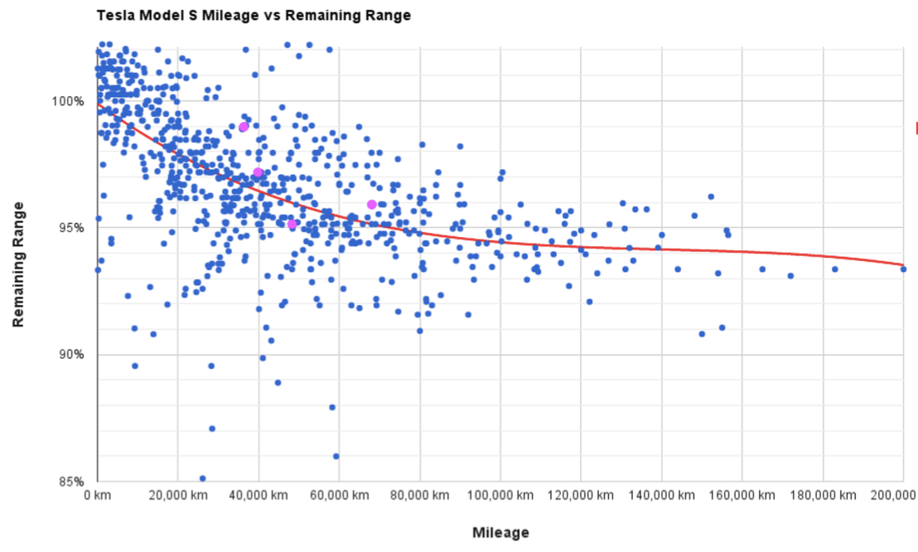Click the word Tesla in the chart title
115,16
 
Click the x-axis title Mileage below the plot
500,532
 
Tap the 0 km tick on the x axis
98,495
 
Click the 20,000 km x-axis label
178,495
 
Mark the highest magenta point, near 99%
244,127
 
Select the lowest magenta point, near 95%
292,224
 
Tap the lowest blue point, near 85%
202,478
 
